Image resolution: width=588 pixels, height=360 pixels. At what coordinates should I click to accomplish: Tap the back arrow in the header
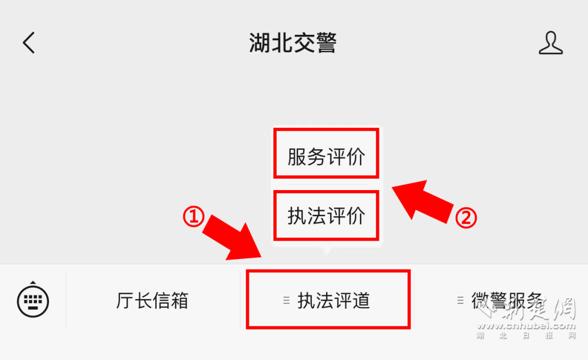click(x=29, y=42)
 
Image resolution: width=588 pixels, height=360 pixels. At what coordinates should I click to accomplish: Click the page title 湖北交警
click(x=293, y=43)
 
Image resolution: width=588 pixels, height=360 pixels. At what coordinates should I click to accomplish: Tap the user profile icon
click(x=550, y=43)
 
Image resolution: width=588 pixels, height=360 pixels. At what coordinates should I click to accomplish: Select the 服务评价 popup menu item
click(x=326, y=157)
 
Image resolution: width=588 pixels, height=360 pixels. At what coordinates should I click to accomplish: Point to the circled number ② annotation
click(x=466, y=218)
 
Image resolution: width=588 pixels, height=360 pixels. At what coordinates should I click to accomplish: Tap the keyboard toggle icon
click(x=33, y=300)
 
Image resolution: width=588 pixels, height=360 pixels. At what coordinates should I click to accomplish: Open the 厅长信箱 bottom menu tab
click(x=152, y=301)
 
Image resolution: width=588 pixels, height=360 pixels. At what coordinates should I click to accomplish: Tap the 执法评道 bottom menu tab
click(x=333, y=301)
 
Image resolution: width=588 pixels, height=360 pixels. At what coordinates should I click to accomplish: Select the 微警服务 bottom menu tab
click(x=506, y=301)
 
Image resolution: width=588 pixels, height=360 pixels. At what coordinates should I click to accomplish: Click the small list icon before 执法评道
click(x=286, y=301)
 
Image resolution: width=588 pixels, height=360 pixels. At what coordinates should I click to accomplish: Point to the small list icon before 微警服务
click(x=461, y=300)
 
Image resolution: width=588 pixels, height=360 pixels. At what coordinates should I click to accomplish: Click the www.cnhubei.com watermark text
click(x=526, y=326)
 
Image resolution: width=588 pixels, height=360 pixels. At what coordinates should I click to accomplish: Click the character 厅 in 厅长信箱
click(x=125, y=301)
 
